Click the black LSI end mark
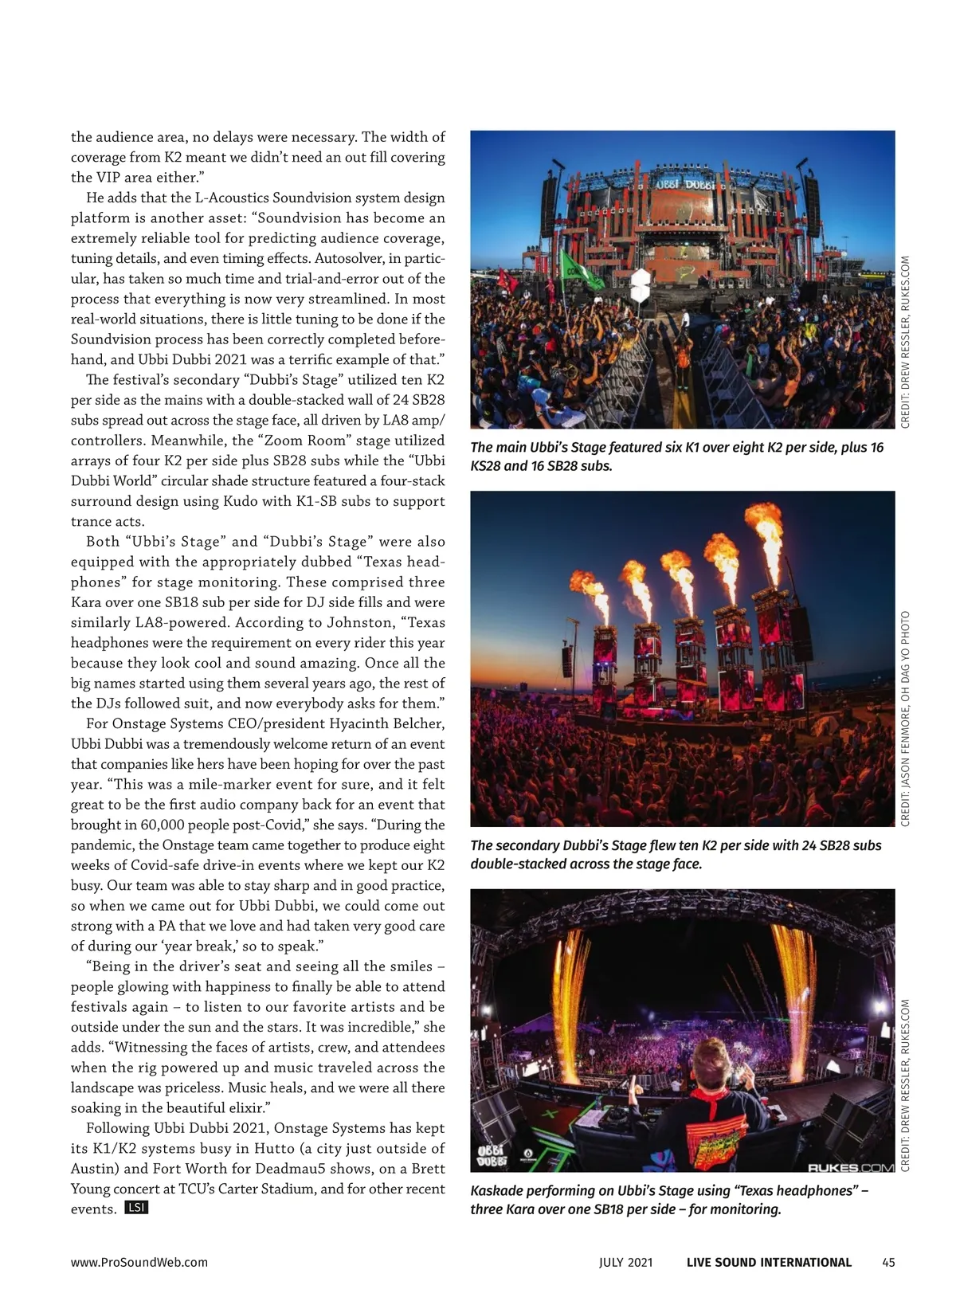[x=136, y=1208]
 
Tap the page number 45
[x=888, y=1262]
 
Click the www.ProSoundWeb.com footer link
[x=139, y=1262]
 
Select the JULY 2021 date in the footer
[x=626, y=1262]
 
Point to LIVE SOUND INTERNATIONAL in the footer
[x=769, y=1262]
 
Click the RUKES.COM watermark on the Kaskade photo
[x=850, y=1168]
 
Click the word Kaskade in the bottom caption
[x=499, y=1191]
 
